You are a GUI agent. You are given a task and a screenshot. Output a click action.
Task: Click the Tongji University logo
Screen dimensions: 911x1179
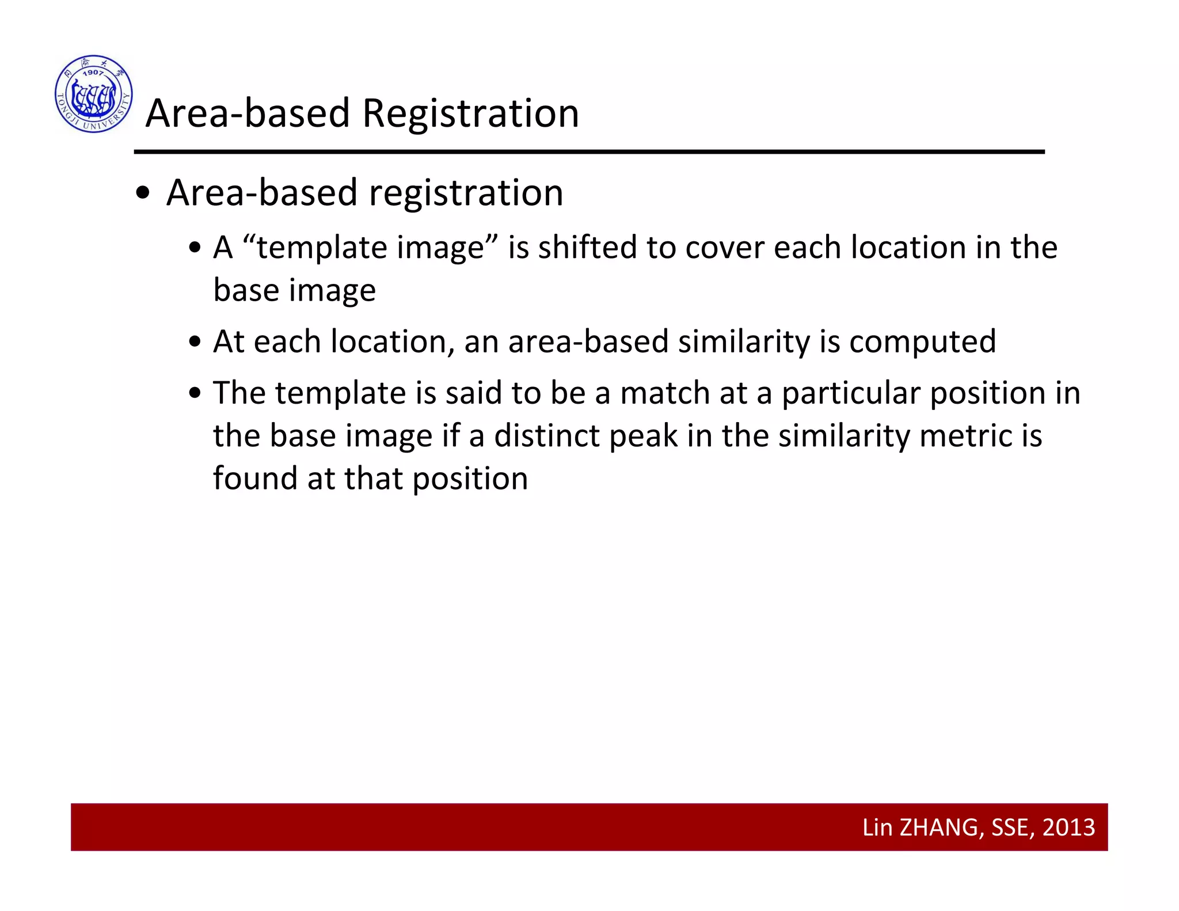(94, 94)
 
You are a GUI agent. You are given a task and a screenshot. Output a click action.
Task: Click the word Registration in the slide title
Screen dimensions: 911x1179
(470, 113)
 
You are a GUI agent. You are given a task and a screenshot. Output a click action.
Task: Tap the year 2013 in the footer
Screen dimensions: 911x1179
(1068, 828)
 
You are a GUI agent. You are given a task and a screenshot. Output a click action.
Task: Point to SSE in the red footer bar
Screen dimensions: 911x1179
(1010, 828)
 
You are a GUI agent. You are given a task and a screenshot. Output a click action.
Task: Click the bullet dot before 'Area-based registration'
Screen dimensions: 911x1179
(143, 194)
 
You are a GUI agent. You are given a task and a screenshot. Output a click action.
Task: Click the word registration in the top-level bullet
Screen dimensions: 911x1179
(466, 193)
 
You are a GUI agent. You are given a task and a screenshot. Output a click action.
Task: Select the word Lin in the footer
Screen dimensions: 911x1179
(877, 828)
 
